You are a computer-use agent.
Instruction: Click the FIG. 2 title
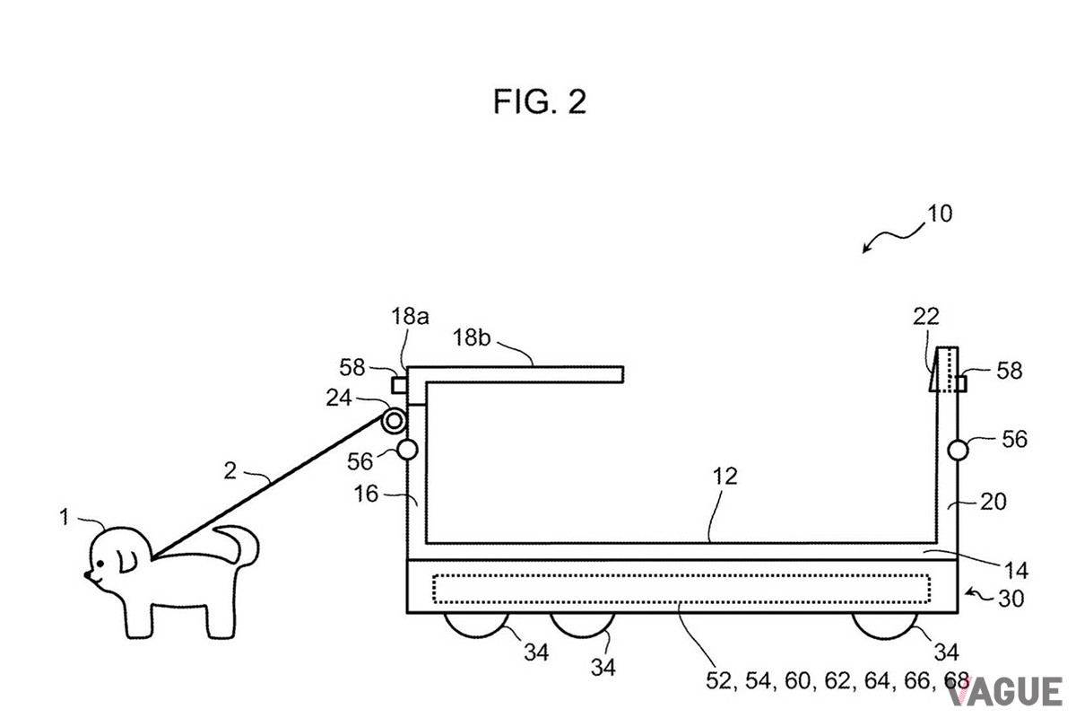540,101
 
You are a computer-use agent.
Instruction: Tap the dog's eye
100,563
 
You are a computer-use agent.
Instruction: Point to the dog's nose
88,574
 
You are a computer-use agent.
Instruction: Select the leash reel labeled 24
394,421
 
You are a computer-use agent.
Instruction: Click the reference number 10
940,214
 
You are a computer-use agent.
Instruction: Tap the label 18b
472,337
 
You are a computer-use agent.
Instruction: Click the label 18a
410,317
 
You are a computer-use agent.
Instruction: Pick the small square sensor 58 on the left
399,385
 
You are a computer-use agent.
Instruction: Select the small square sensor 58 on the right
961,384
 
